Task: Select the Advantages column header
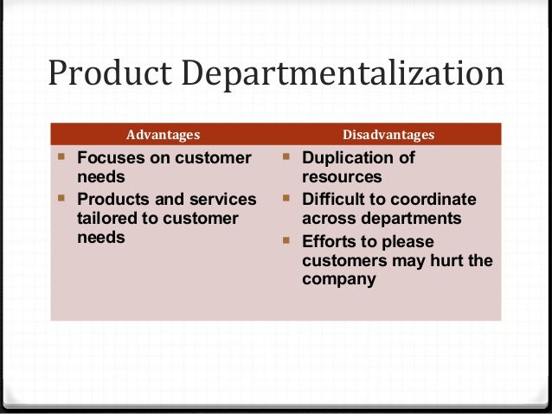(x=164, y=135)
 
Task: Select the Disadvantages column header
(x=388, y=135)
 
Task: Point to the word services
(x=220, y=200)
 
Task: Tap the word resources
(x=342, y=177)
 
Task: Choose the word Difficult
(x=333, y=200)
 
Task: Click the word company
(x=339, y=279)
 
